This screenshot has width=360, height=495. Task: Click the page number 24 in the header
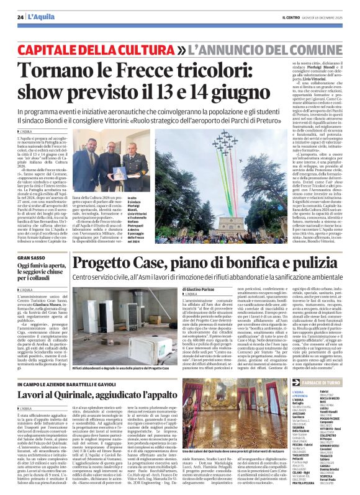[x=20, y=17]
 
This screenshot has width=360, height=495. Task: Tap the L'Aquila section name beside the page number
[x=40, y=17]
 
